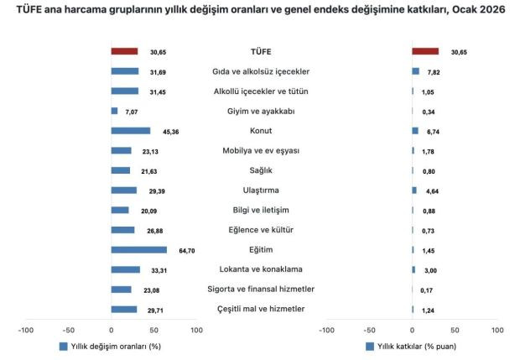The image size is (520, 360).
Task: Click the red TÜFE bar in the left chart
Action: click(124, 52)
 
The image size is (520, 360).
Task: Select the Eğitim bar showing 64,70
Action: click(138, 250)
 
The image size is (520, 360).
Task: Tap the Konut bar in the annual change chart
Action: click(130, 131)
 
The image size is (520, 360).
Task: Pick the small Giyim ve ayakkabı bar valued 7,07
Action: click(114, 111)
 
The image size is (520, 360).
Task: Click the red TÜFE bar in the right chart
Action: click(425, 52)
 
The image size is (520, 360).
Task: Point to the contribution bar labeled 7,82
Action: click(415, 71)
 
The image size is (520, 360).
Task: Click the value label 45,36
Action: click(165, 131)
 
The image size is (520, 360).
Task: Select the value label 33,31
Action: click(155, 269)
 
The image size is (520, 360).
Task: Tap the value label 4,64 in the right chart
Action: click(433, 190)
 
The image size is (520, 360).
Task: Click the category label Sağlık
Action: click(260, 170)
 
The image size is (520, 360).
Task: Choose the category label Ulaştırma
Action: click(260, 190)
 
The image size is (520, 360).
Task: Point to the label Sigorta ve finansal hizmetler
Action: click(260, 290)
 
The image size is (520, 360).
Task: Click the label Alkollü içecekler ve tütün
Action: click(260, 91)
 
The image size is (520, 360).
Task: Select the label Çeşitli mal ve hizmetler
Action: click(260, 310)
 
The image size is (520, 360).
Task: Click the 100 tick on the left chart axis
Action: click(196, 330)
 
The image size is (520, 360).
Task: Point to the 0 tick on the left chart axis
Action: click(111, 330)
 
